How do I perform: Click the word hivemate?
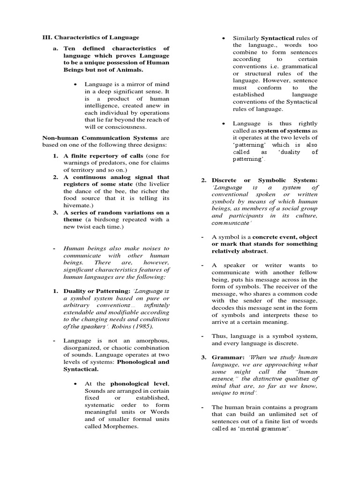pyautogui.click(x=78, y=205)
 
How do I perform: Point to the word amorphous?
pyautogui.click(x=151, y=341)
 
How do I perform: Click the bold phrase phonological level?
pyautogui.click(x=137, y=384)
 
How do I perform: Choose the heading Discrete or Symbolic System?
pyautogui.click(x=264, y=180)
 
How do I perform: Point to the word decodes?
pyautogui.click(x=225, y=307)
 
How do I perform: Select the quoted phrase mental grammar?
pyautogui.click(x=266, y=429)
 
